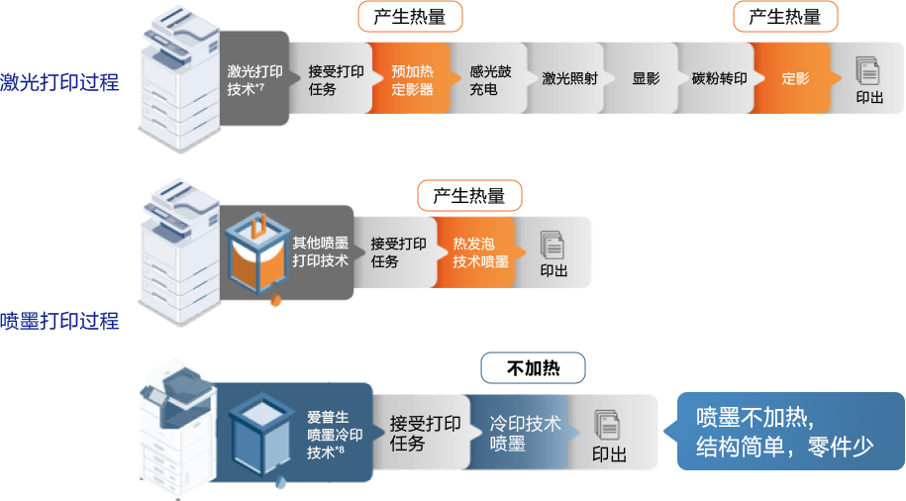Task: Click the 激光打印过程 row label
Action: pos(59,82)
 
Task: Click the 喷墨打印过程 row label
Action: pos(59,320)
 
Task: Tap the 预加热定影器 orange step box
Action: pos(411,79)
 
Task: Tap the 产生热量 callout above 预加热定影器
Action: pos(409,17)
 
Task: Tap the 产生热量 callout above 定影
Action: pos(785,17)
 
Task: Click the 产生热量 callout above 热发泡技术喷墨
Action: pos(468,196)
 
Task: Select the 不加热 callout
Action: pos(533,369)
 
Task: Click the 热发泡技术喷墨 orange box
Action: pos(480,252)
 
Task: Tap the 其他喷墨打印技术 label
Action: pos(320,252)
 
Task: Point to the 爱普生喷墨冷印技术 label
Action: pos(334,435)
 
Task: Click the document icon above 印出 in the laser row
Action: pos(868,70)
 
